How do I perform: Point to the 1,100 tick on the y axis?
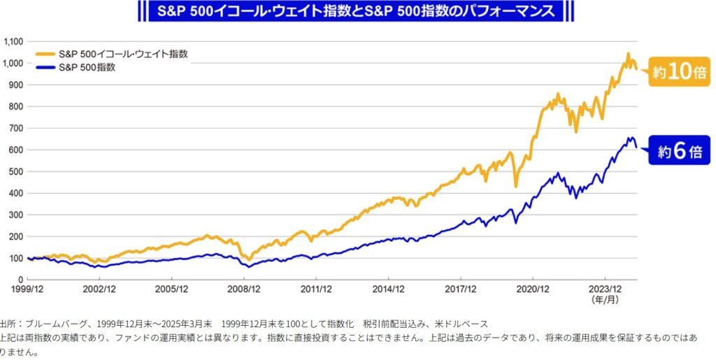pyautogui.click(x=13, y=41)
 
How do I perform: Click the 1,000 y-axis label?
pyautogui.click(x=13, y=63)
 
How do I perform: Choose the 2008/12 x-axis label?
pyautogui.click(x=243, y=288)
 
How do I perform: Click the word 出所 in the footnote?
pyautogui.click(x=8, y=323)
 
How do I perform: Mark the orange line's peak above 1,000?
pyautogui.click(x=627, y=53)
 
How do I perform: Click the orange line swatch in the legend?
pyautogui.click(x=43, y=55)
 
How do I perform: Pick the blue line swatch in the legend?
pyautogui.click(x=43, y=68)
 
